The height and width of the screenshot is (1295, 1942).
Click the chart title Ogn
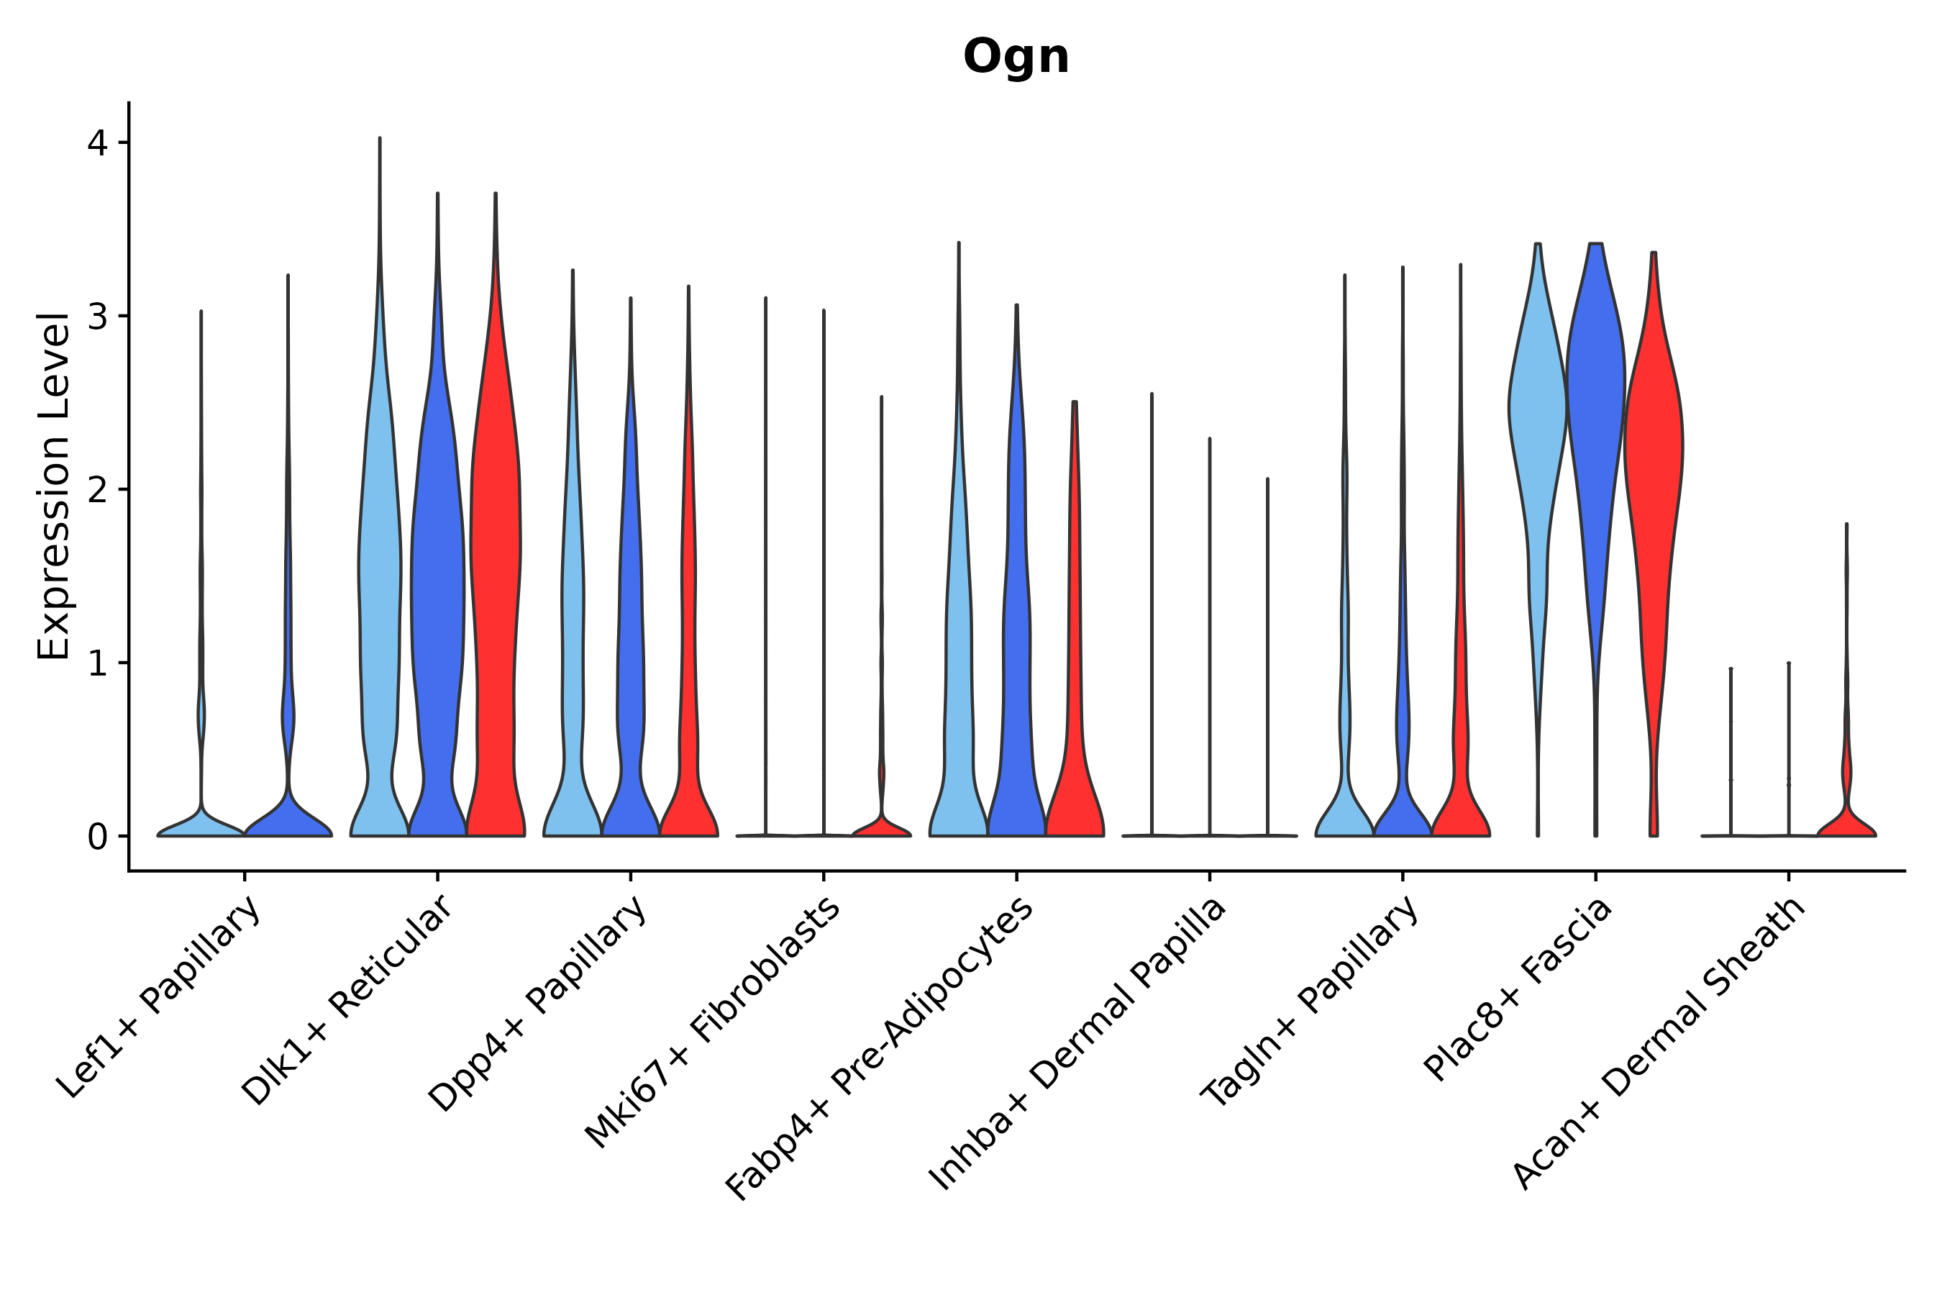(1016, 58)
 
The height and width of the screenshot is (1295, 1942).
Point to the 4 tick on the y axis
(97, 144)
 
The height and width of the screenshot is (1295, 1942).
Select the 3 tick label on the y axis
(97, 317)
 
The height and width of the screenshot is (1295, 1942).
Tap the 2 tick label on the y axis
(97, 491)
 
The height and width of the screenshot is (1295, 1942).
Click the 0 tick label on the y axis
(97, 837)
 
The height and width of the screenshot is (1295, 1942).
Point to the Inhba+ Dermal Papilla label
(1077, 1045)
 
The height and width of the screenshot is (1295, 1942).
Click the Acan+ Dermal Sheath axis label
(1659, 1045)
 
